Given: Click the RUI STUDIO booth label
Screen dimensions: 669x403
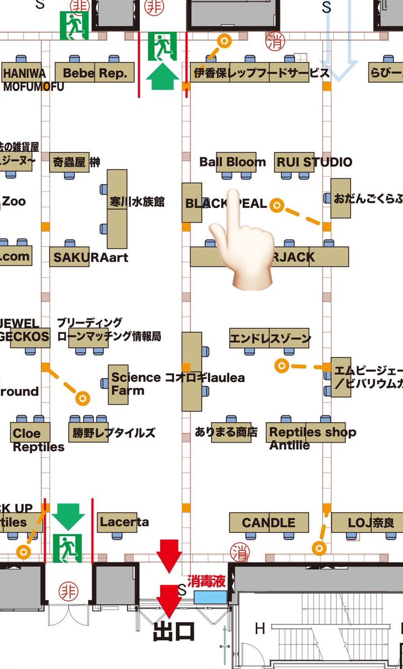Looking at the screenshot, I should coord(313,162).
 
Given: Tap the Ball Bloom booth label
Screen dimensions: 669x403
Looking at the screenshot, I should coord(233,162).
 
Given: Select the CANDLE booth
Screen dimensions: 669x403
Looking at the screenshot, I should coord(268,523).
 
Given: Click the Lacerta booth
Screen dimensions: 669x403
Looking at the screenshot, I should coord(123,522).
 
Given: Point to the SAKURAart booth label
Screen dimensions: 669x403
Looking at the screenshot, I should coord(90,257).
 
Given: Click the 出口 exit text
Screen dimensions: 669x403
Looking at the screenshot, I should coord(174,632).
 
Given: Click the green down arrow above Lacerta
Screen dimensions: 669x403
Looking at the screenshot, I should coord(68,516).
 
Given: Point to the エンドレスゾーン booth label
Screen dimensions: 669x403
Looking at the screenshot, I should coord(270,338).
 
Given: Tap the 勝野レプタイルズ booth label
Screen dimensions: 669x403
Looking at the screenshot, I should coord(113,432).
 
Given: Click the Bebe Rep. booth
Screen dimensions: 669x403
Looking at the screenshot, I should coord(95,73).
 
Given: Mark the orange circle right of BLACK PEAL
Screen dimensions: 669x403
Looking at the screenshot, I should coord(276,205).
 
